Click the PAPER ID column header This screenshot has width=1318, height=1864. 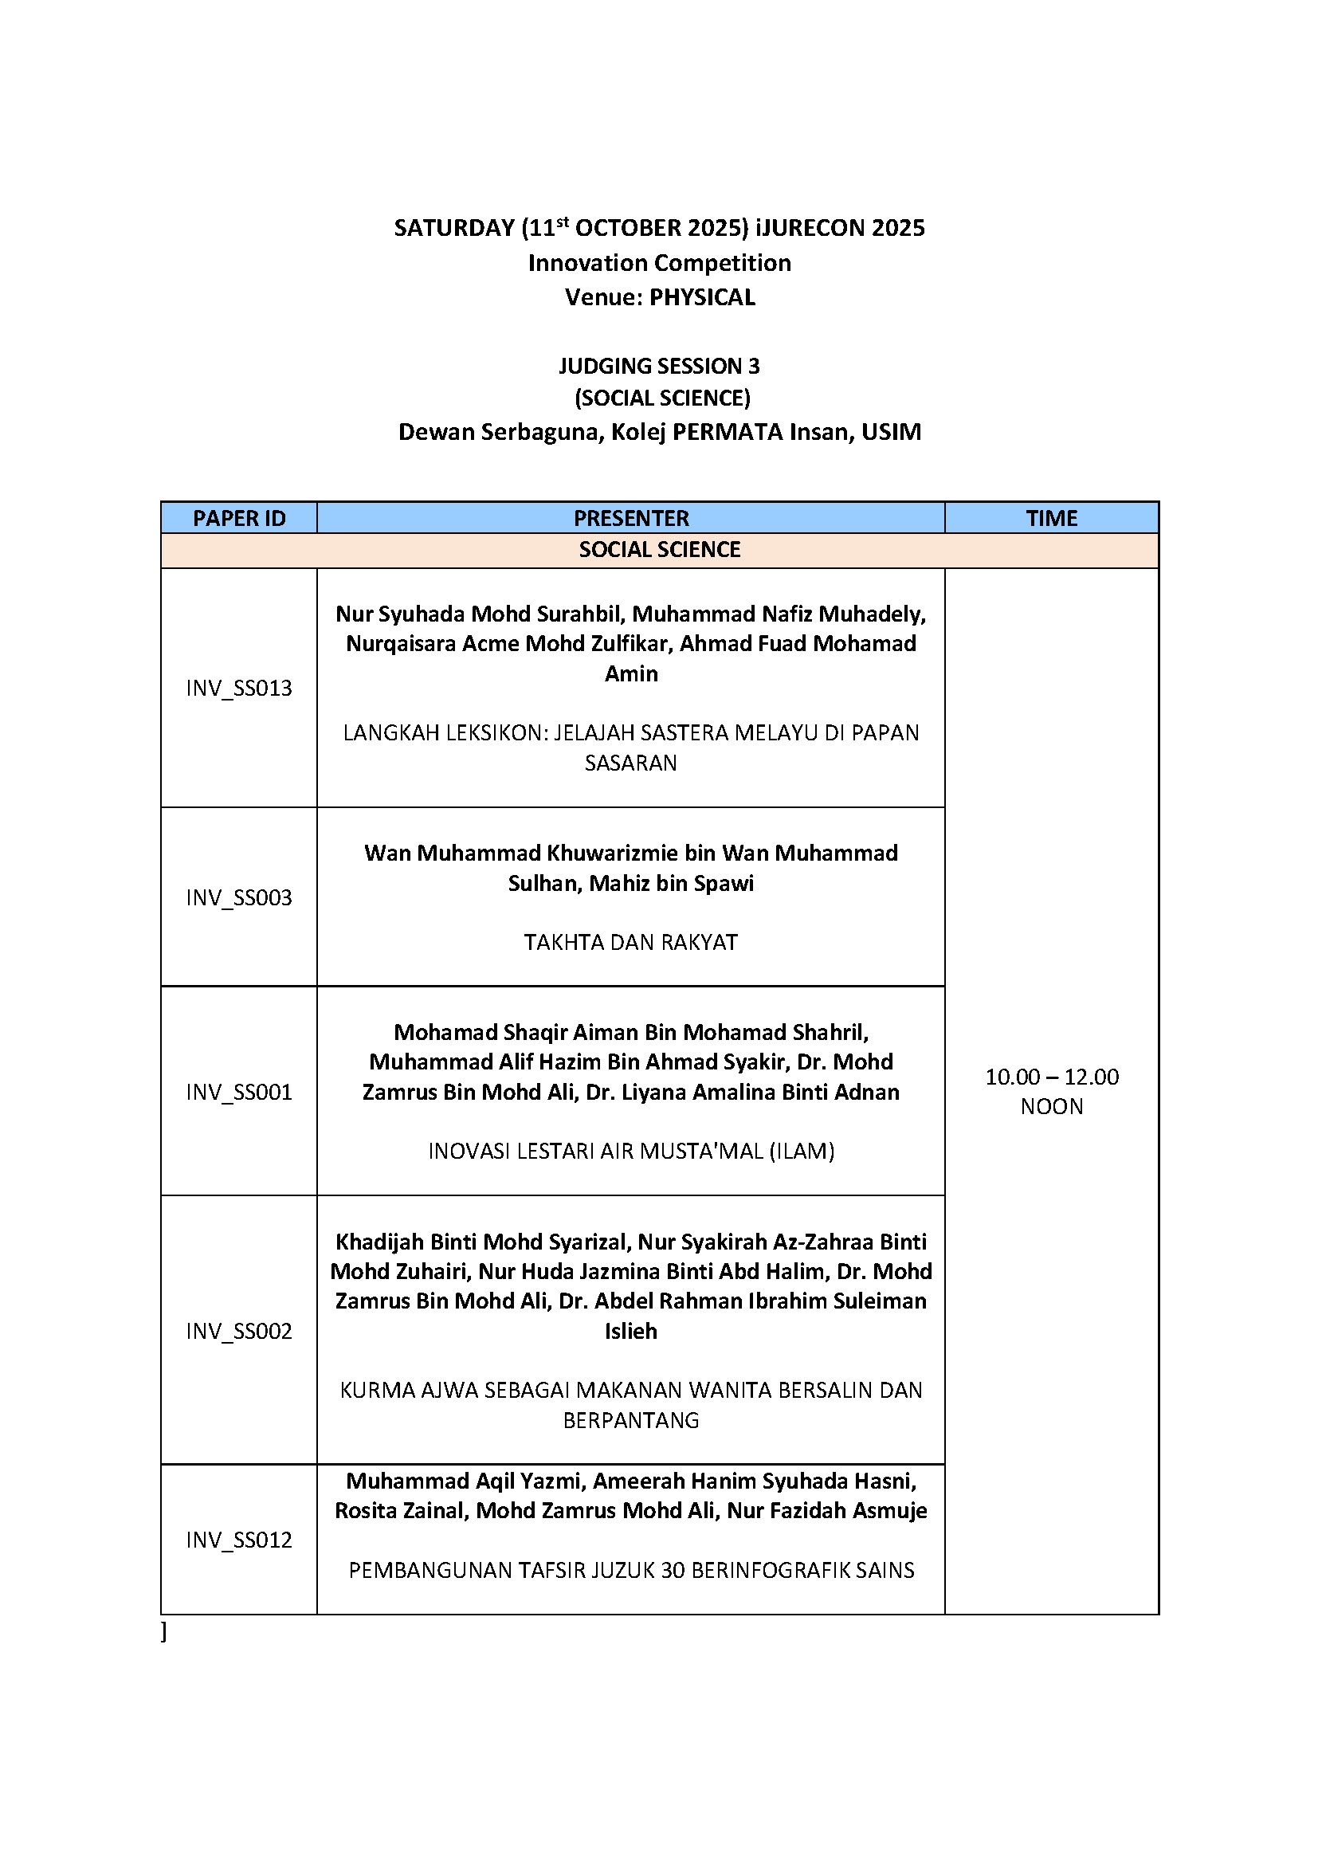[x=238, y=518]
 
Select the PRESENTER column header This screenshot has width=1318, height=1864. [x=630, y=518]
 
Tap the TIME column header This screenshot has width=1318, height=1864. [x=1051, y=518]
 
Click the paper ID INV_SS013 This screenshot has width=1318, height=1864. [x=238, y=689]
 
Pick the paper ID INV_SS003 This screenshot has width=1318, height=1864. [x=238, y=897]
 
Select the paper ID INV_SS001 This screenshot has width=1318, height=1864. [x=238, y=1092]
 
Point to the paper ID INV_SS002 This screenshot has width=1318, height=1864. [x=238, y=1331]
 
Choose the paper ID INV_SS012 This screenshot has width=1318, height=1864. [x=238, y=1540]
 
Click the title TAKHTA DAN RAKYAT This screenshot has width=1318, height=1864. [x=630, y=942]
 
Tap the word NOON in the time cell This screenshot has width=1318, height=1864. [x=1051, y=1107]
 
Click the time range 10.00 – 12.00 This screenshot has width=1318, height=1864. [x=1051, y=1077]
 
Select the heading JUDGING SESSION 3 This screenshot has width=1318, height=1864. [x=659, y=366]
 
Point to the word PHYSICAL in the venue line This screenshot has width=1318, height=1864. [x=702, y=297]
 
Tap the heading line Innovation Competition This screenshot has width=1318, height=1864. [x=659, y=263]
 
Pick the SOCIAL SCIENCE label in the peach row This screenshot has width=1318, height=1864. [x=659, y=550]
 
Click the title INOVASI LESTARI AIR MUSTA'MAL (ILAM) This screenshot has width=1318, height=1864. [x=630, y=1152]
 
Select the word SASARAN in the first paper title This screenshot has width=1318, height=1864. [x=630, y=763]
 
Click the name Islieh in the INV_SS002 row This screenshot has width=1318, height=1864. [x=630, y=1331]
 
